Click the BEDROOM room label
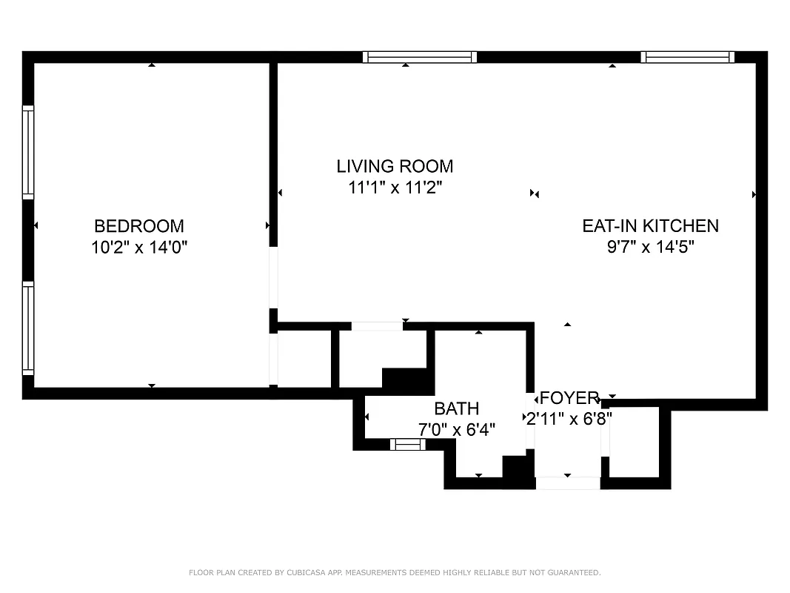coord(139,226)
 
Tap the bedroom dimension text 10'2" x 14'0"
coord(139,247)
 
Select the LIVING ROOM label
coord(395,166)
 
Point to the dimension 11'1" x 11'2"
coord(395,188)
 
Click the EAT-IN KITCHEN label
coord(650,226)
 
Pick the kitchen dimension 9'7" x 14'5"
coord(650,247)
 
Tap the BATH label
coord(456,408)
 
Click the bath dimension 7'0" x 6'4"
coord(456,428)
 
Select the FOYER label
coord(569,398)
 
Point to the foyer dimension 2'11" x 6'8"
coord(569,418)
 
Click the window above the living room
coord(420,57)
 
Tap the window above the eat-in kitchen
coord(687,57)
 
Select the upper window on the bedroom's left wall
coord(28,152)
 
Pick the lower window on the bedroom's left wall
coord(28,328)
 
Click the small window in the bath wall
coord(408,445)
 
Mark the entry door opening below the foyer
coord(568,483)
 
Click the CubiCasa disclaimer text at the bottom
coord(395,572)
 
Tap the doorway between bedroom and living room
coord(273,278)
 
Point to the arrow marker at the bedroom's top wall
coord(152,65)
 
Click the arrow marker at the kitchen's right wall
coord(754,194)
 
